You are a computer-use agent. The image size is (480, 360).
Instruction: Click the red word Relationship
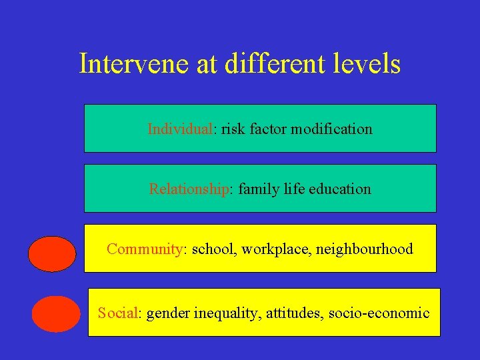click(x=189, y=189)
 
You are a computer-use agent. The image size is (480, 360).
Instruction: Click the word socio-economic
click(x=379, y=312)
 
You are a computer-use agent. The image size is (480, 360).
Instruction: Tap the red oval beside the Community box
click(x=53, y=254)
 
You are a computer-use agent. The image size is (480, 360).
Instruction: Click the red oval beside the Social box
click(x=55, y=314)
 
